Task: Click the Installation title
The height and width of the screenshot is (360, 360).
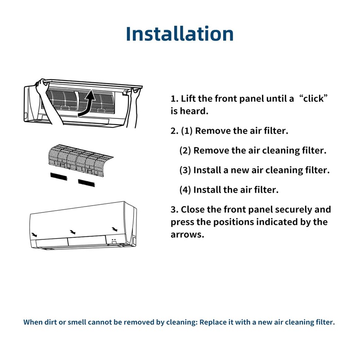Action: tap(180, 34)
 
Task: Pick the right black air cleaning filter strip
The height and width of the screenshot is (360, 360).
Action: tap(87, 182)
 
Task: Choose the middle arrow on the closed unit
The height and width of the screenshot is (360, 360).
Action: tap(72, 232)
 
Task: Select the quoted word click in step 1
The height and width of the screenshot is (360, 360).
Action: tap(313, 99)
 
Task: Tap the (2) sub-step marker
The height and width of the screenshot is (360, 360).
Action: tap(185, 150)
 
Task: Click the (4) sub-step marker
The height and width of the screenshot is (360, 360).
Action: tap(185, 189)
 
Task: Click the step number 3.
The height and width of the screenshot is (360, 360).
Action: tap(174, 210)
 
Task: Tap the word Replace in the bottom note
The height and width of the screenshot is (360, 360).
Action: tap(215, 322)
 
